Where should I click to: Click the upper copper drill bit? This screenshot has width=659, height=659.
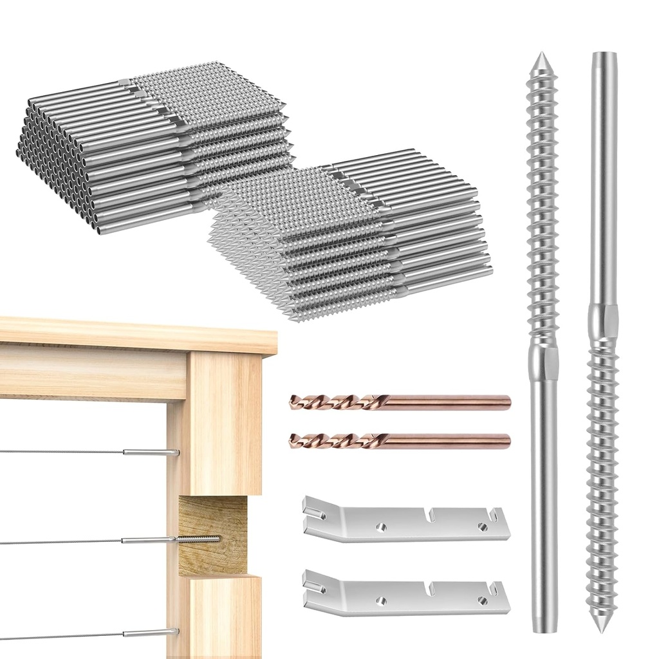click(399, 403)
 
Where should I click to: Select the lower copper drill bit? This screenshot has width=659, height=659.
click(399, 441)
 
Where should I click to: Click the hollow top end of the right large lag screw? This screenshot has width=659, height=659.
click(604, 57)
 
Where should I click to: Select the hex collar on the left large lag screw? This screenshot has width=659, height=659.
click(543, 362)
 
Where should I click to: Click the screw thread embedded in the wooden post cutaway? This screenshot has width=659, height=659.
click(200, 539)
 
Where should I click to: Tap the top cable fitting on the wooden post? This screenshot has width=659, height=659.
click(151, 452)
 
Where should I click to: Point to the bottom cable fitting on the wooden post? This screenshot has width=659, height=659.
click(151, 633)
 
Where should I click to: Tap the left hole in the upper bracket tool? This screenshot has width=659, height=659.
click(381, 527)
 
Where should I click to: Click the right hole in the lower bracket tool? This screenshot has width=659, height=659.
click(482, 600)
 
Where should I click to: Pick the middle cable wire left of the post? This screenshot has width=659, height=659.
click(64, 542)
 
